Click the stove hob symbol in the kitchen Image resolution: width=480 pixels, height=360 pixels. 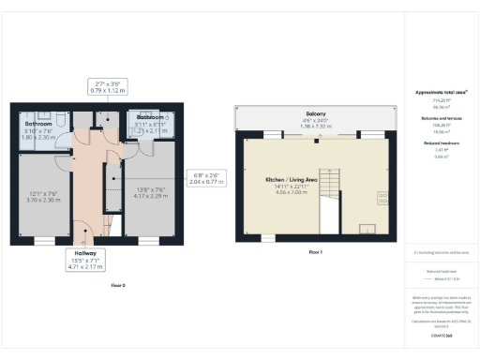click(383, 198)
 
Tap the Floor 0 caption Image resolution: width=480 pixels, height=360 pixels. click(118, 284)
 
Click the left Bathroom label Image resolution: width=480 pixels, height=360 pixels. click(37, 124)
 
